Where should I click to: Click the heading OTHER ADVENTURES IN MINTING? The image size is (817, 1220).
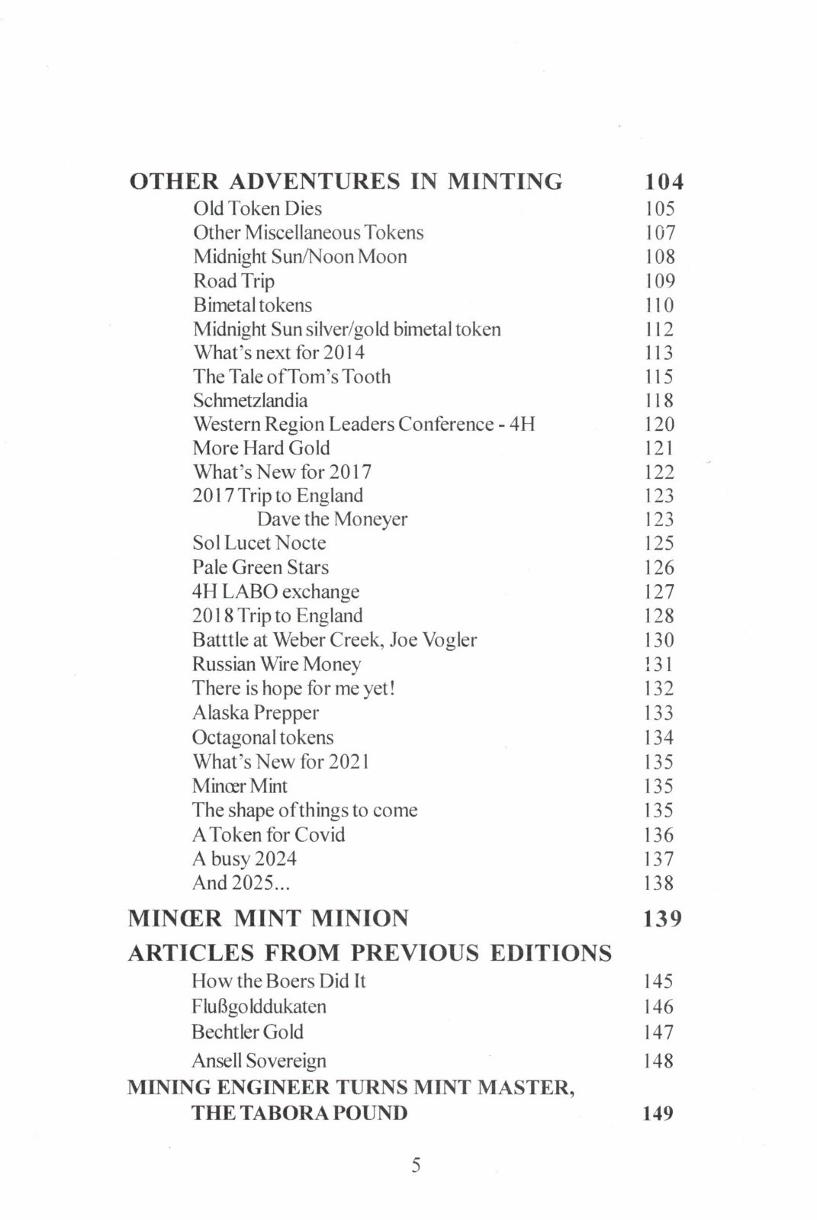click(346, 181)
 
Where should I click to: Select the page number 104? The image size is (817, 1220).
click(664, 181)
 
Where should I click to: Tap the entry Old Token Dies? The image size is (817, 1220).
click(257, 208)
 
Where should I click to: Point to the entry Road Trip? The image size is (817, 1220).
click(233, 281)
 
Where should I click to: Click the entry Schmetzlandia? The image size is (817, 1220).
click(250, 400)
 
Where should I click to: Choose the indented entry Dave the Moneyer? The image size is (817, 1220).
click(332, 519)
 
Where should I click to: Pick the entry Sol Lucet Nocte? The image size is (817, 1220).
click(259, 543)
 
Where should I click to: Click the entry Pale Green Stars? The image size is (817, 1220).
click(260, 567)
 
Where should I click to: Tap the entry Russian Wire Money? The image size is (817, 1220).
click(276, 664)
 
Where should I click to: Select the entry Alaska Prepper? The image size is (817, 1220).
click(256, 713)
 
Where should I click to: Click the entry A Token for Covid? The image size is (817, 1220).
click(269, 834)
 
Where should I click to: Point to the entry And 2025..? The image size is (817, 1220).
click(241, 883)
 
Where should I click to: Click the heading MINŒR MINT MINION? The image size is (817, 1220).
click(268, 918)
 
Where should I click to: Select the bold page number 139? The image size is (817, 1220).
click(662, 918)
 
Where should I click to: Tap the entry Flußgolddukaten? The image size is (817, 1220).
click(259, 1006)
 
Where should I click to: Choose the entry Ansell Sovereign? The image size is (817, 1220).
click(259, 1061)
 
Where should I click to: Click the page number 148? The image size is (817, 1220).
click(658, 1061)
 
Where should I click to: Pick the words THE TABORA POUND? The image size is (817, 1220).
click(299, 1113)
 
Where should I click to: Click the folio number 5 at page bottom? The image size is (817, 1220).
click(416, 1165)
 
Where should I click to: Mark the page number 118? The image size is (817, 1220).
click(659, 400)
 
